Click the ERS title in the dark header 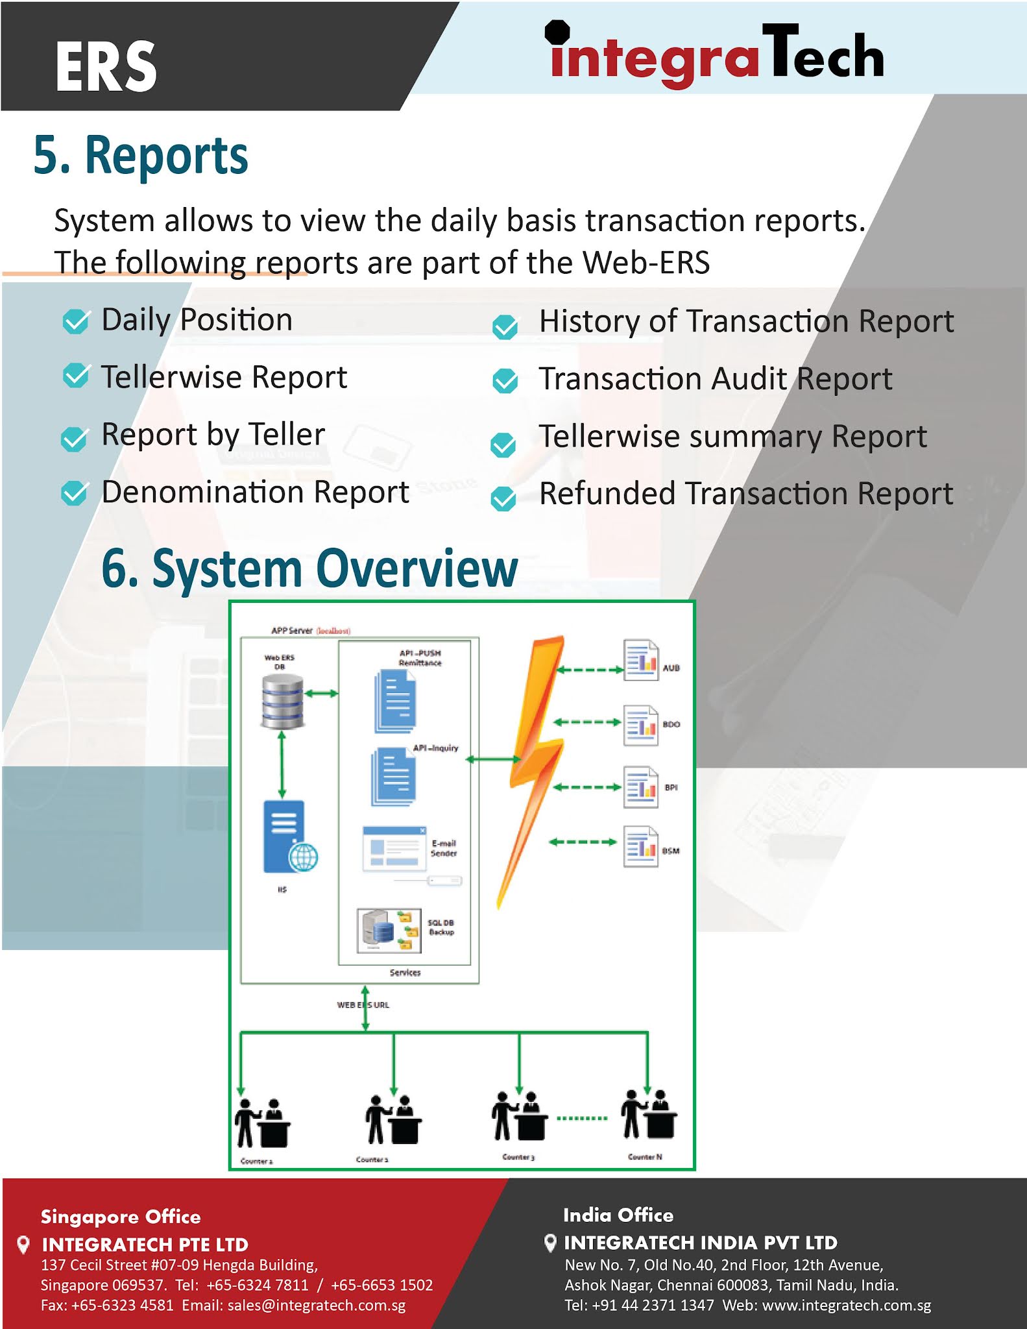pos(106,66)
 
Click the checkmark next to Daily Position pos(76,321)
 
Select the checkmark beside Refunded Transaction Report pos(503,498)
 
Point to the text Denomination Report pos(255,492)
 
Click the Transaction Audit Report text pos(715,379)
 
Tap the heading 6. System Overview pos(309,568)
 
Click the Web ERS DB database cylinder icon pos(282,701)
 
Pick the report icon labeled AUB pos(640,661)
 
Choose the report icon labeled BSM pos(640,846)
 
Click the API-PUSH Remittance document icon pos(395,701)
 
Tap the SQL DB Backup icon pos(389,931)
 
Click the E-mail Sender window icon pos(394,848)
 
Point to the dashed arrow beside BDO pos(587,722)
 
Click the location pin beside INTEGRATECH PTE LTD pos(23,1244)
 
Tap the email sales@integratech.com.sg pos(317,1306)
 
